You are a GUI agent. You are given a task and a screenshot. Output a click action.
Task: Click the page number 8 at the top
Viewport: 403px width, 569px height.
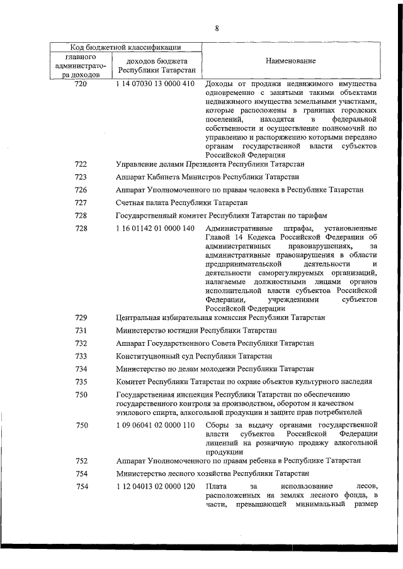(216, 28)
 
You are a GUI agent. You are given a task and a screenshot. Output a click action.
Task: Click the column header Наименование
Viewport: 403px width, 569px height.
(290, 60)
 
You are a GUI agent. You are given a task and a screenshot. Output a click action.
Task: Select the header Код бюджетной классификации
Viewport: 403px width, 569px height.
(125, 47)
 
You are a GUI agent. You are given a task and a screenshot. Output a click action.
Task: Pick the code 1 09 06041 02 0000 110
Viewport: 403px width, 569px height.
(156, 426)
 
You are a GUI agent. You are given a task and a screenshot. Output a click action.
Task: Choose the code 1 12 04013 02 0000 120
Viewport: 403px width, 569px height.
(156, 487)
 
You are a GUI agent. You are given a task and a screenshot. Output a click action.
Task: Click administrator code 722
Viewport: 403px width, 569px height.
(81, 164)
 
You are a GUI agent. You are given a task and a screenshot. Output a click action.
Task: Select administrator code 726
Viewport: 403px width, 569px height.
(81, 190)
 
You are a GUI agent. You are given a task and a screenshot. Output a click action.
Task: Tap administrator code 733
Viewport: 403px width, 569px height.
(81, 356)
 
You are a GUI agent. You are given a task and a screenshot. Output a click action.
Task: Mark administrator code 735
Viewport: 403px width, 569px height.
(81, 382)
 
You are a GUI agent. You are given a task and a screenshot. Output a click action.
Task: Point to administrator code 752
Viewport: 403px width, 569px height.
(81, 461)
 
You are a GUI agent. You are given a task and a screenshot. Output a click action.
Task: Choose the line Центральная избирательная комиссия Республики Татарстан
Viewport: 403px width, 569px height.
(220, 318)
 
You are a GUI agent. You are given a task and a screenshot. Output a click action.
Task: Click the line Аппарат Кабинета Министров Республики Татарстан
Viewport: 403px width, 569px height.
(207, 177)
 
